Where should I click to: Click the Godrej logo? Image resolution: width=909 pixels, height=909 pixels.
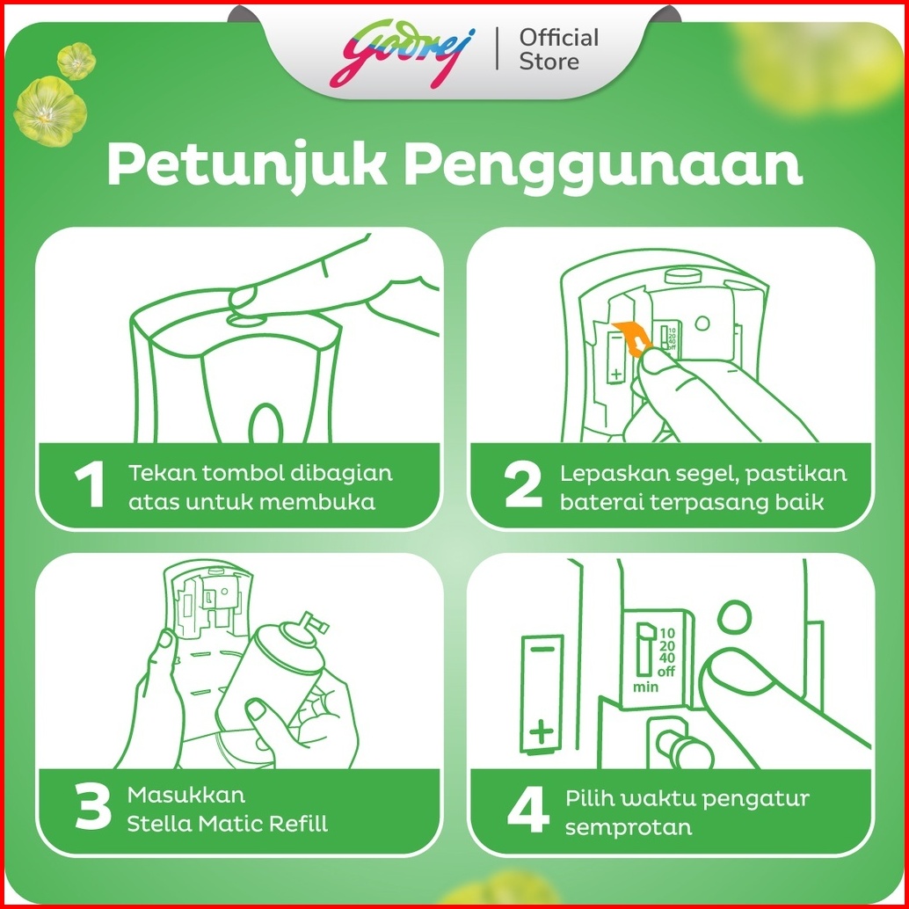pyautogui.click(x=403, y=53)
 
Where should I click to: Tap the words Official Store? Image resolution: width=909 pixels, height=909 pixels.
pyautogui.click(x=558, y=50)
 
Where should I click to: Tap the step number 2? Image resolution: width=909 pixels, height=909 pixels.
pyautogui.click(x=523, y=486)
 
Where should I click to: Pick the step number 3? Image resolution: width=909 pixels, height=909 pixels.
pyautogui.click(x=93, y=807)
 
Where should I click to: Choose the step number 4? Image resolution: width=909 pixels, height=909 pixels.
pyautogui.click(x=527, y=808)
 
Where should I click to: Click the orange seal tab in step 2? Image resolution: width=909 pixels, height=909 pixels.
pyautogui.click(x=631, y=338)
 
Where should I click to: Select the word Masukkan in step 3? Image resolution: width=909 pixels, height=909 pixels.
pyautogui.click(x=186, y=794)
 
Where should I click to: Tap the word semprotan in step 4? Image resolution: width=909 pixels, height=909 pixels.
pyautogui.click(x=629, y=828)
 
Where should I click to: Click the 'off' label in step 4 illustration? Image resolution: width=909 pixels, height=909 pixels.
pyautogui.click(x=666, y=672)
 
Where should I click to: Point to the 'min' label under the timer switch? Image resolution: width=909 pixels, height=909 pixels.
pyautogui.click(x=645, y=687)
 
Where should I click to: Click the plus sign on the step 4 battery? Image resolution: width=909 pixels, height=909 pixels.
pyautogui.click(x=542, y=731)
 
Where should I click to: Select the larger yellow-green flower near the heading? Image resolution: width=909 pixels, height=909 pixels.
pyautogui.click(x=50, y=110)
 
